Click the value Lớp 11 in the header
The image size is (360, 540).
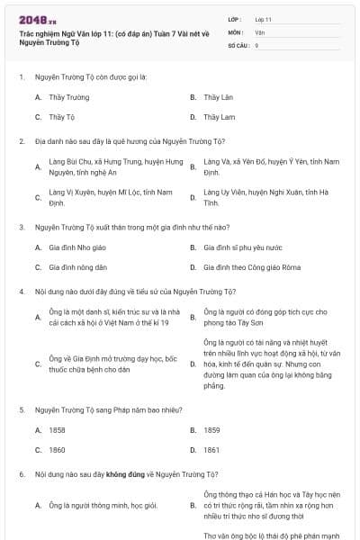pyautogui.click(x=264, y=19)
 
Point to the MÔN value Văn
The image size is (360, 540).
pyautogui.click(x=260, y=31)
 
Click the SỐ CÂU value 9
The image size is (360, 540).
pyautogui.click(x=257, y=44)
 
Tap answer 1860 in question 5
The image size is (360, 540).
pyautogui.click(x=57, y=449)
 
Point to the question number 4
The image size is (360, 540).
pyautogui.click(x=20, y=292)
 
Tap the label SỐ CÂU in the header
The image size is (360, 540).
pyautogui.click(x=237, y=44)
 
